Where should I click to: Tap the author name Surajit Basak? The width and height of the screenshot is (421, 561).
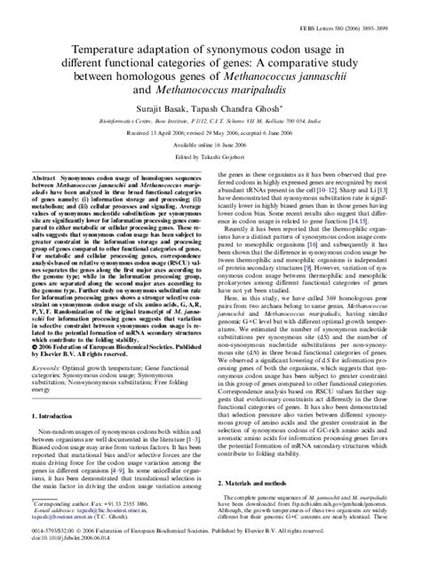pos(159,115)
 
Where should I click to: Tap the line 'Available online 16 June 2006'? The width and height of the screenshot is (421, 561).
pos(210,160)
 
